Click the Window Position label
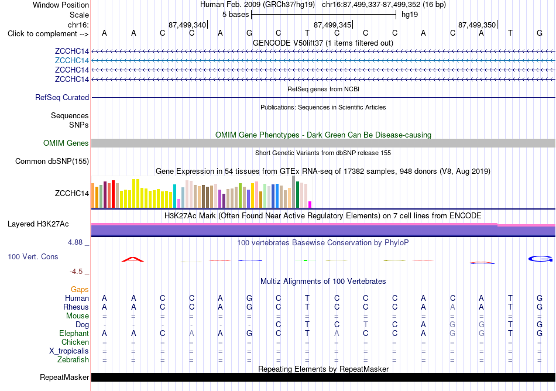61,5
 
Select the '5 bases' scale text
235,15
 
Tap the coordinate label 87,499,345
332,25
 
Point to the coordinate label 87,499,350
477,25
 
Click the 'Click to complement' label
48,34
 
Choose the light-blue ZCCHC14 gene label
71,60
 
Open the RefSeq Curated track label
62,98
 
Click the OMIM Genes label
66,143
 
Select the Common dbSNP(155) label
52,162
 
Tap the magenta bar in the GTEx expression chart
310,204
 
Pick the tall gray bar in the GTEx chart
294,192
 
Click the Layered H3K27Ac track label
38,224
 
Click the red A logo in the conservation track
133,259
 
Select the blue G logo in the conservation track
540,259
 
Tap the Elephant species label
74,333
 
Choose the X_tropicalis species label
69,351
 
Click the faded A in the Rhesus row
452,307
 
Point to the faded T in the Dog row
366,324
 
